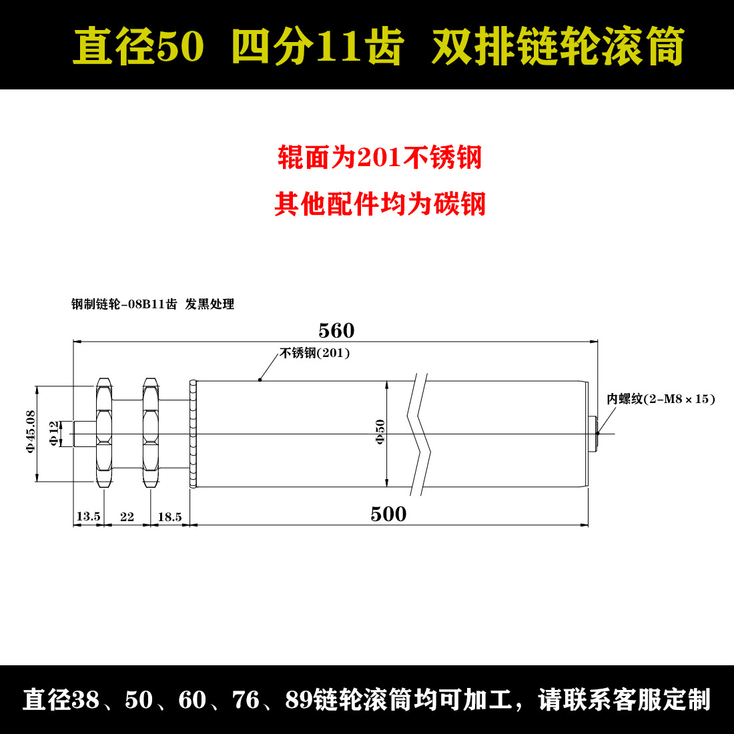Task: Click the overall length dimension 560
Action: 336,330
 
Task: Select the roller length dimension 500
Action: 388,514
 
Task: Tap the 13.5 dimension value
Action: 89,516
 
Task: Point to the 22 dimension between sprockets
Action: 127,516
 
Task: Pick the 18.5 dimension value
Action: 169,516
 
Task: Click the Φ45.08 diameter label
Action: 31,432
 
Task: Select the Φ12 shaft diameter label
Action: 54,434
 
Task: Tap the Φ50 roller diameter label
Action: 380,432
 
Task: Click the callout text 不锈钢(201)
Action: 314,353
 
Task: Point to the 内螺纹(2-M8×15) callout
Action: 661,399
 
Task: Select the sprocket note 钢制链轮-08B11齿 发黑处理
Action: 153,304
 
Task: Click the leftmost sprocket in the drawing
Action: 104,433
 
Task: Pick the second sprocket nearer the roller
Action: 151,433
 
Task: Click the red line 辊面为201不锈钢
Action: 380,157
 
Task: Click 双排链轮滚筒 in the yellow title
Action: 558,46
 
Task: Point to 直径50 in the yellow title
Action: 138,46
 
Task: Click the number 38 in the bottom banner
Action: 85,700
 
